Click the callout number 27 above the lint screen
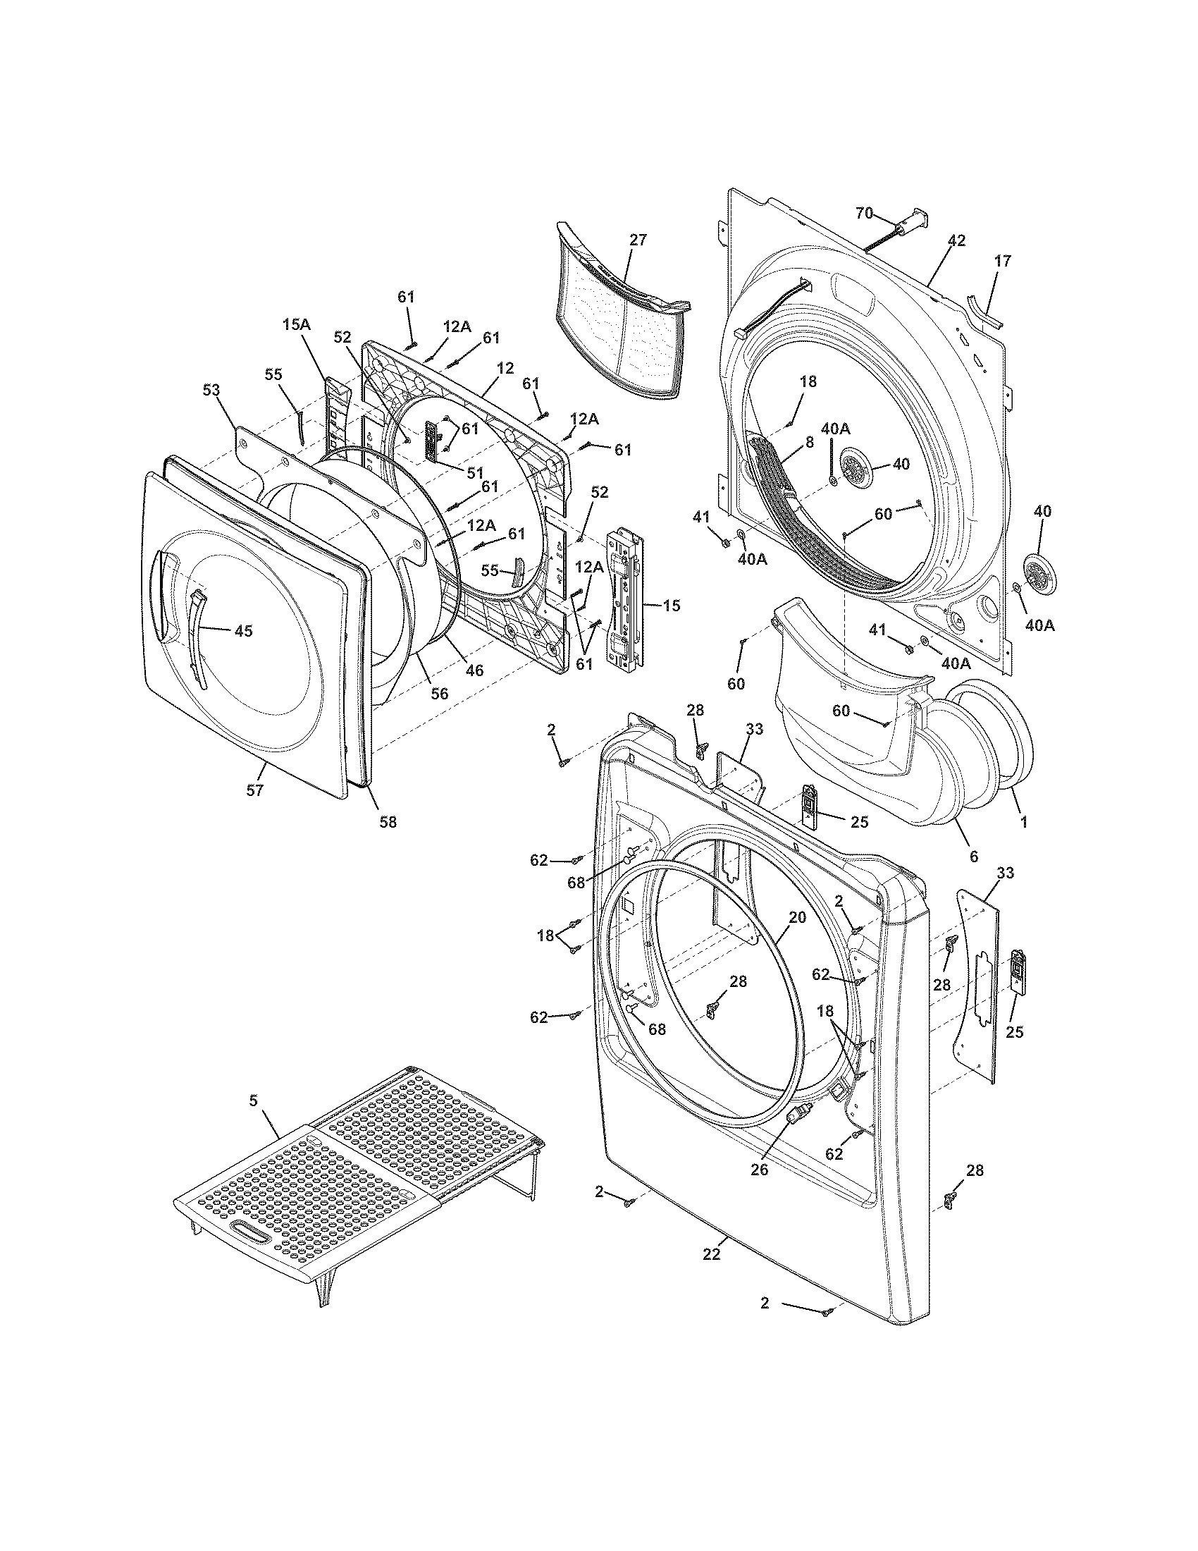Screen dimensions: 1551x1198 coord(638,240)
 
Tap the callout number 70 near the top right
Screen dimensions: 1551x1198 coord(864,212)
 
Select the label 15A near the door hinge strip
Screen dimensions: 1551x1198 coord(297,325)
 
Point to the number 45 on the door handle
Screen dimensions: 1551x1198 coord(243,631)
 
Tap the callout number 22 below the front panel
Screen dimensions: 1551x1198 coord(711,1255)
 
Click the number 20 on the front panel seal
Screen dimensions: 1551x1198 coord(797,917)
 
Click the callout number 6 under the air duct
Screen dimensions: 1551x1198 coord(973,857)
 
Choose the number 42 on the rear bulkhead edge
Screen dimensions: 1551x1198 coord(956,240)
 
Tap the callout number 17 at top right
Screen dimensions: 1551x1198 coord(1001,262)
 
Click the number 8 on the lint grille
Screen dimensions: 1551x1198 coord(808,440)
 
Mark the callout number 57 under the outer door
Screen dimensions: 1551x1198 coord(255,790)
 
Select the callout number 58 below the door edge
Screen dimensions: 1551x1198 coord(388,821)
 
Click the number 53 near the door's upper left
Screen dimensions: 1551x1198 coord(211,390)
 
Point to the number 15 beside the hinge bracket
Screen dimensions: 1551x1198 coord(672,605)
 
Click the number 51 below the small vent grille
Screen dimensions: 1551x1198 coord(475,473)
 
